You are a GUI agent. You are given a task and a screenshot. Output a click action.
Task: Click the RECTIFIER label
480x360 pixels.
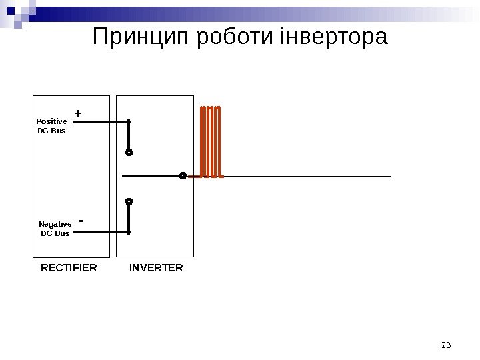tap(69, 268)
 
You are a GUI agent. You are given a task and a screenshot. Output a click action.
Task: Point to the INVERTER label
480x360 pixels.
tap(156, 268)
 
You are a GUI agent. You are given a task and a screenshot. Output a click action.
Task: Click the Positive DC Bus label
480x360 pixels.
tap(51, 126)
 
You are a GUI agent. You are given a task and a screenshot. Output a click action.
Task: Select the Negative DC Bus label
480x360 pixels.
tap(55, 229)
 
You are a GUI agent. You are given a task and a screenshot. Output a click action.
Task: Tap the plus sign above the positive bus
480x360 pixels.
tap(78, 113)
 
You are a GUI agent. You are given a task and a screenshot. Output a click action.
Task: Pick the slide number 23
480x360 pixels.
tap(446, 345)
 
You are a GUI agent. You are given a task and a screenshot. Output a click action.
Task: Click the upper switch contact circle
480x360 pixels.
tap(129, 153)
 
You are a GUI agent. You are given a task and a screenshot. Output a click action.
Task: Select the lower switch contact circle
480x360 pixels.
tap(129, 201)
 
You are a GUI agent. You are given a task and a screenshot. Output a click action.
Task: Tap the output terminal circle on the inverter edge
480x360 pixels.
tap(183, 176)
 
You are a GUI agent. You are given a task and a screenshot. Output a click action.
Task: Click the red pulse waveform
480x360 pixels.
tap(211, 141)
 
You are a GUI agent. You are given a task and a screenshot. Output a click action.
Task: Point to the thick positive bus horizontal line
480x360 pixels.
tap(100, 122)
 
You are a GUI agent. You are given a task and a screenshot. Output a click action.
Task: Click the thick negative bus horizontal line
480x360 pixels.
tap(100, 232)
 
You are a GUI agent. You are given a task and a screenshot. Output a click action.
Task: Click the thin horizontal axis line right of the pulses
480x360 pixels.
tap(307, 177)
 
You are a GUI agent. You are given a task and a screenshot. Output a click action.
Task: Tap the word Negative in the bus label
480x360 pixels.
tap(55, 225)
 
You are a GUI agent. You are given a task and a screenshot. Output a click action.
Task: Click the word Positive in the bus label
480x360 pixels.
tap(51, 121)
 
